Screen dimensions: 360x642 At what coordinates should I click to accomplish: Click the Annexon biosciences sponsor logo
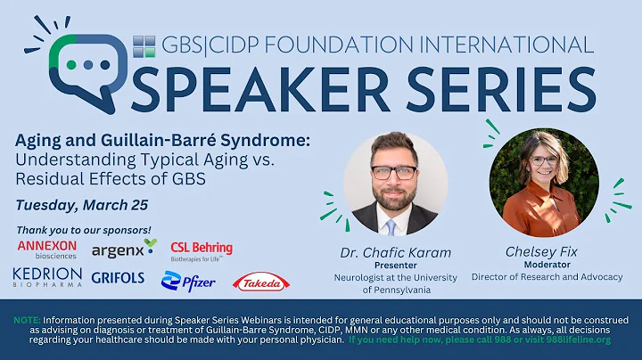click(46, 250)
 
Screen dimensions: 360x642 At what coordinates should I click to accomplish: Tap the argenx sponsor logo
click(124, 247)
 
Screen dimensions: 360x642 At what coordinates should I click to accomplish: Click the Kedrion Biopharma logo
click(46, 277)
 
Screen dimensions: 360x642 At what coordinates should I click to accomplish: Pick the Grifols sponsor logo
click(118, 278)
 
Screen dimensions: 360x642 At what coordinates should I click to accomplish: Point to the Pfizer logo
click(188, 281)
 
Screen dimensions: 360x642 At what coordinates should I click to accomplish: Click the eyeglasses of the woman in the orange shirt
click(542, 161)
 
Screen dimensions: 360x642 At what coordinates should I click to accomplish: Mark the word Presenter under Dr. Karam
click(394, 264)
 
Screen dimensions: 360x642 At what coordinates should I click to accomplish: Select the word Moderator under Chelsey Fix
click(545, 265)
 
